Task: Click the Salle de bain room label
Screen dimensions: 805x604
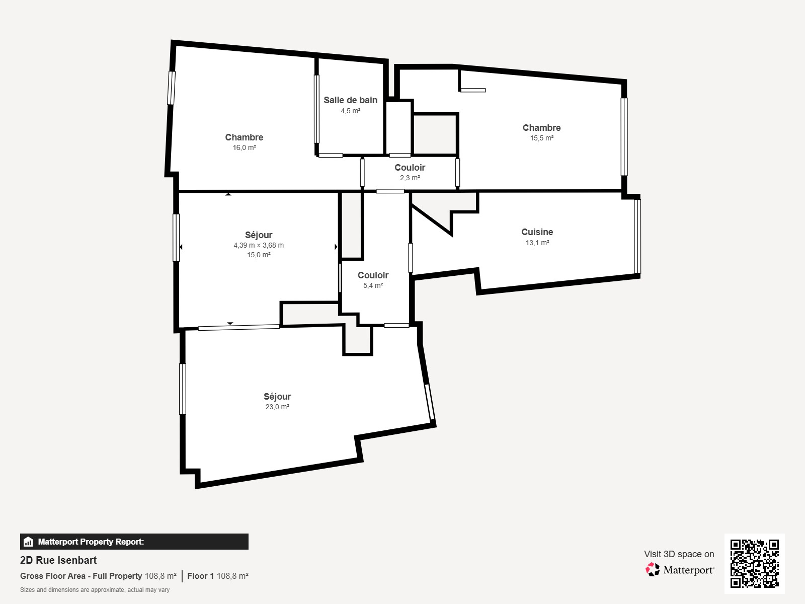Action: (x=350, y=100)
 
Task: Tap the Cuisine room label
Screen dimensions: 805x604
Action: (x=537, y=232)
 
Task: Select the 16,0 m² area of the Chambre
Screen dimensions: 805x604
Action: (x=244, y=148)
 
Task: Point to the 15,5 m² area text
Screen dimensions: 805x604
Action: (x=541, y=138)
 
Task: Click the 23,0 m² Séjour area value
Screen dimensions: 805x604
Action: (x=277, y=407)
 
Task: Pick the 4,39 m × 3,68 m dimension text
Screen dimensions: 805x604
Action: (x=259, y=245)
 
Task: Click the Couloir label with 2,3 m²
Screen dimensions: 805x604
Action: (x=410, y=168)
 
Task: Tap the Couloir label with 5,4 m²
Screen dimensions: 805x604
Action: (x=373, y=275)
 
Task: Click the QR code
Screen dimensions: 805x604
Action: (x=754, y=563)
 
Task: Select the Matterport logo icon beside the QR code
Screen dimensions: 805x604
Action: (x=653, y=570)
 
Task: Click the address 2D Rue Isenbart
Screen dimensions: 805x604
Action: (x=58, y=560)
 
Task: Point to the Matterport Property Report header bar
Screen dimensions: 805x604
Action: (x=134, y=542)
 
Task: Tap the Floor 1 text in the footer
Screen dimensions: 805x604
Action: (x=201, y=576)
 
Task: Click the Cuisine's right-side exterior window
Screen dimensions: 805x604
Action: (x=637, y=236)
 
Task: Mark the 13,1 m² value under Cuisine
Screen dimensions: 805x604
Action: (x=537, y=243)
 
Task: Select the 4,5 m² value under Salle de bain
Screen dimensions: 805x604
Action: (x=350, y=111)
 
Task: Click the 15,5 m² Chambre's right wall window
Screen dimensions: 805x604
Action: (x=624, y=136)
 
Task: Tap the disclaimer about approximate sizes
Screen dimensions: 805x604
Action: (x=95, y=590)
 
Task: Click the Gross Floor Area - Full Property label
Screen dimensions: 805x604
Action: (x=81, y=576)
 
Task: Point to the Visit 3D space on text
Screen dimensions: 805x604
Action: (x=679, y=554)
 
